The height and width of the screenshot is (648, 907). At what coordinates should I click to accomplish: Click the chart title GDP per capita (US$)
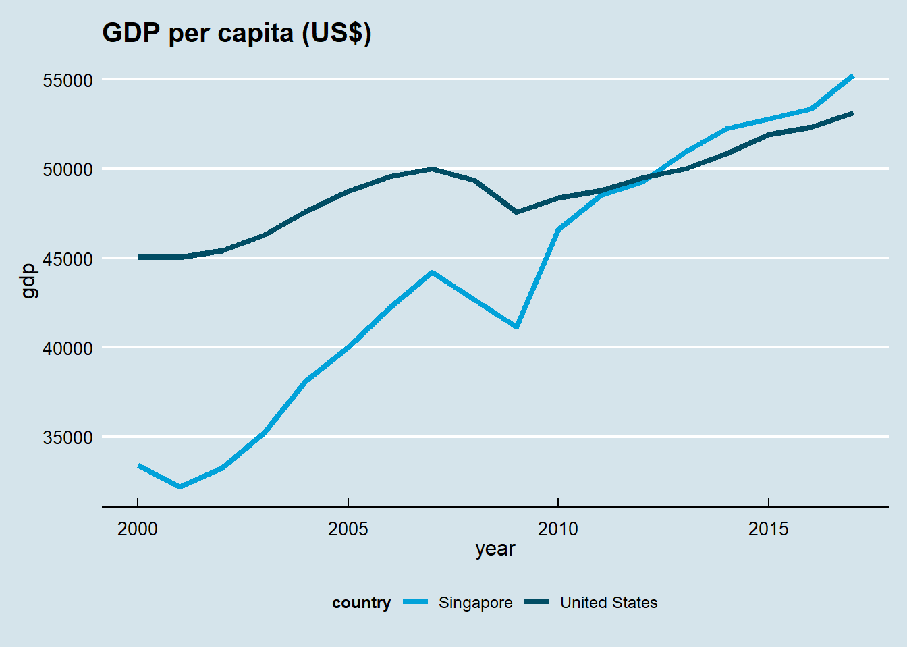[x=236, y=32]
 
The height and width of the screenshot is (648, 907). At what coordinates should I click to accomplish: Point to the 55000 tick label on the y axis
[x=67, y=80]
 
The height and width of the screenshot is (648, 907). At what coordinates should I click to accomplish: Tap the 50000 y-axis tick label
[x=67, y=169]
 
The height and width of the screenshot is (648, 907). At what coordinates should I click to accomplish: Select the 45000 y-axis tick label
[x=67, y=259]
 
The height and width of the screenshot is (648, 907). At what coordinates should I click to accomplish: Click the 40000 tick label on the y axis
[x=67, y=348]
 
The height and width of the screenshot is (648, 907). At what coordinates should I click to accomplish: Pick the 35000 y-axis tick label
[x=67, y=437]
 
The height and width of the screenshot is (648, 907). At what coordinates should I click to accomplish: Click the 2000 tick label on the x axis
[x=138, y=529]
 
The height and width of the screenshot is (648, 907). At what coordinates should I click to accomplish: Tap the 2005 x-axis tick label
[x=348, y=529]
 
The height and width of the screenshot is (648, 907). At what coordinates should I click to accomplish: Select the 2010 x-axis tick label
[x=558, y=529]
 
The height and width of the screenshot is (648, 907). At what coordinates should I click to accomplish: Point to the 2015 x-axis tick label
[x=769, y=529]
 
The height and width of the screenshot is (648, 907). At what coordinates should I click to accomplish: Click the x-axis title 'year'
[x=495, y=549]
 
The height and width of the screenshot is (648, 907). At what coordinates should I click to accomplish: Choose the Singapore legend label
[x=475, y=603]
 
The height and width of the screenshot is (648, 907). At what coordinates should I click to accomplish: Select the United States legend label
[x=609, y=603]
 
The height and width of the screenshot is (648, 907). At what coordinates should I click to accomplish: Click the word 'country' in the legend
[x=361, y=603]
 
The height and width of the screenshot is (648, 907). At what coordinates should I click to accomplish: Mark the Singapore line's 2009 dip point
[x=516, y=327]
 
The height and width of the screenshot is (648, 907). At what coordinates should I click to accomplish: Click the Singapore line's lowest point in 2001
[x=180, y=487]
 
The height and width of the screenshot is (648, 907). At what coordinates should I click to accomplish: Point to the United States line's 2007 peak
[x=432, y=169]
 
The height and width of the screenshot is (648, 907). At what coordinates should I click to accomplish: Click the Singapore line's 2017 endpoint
[x=852, y=76]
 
